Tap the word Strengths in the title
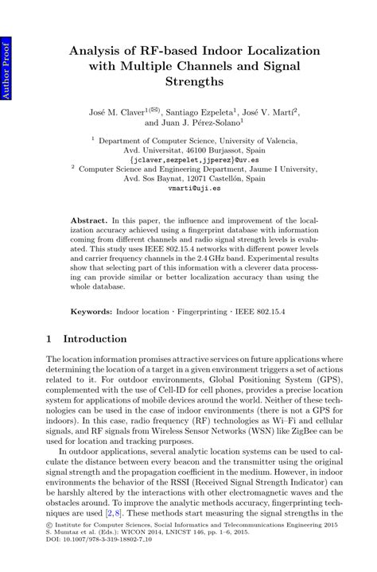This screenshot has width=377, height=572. pyautogui.click(x=189, y=81)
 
